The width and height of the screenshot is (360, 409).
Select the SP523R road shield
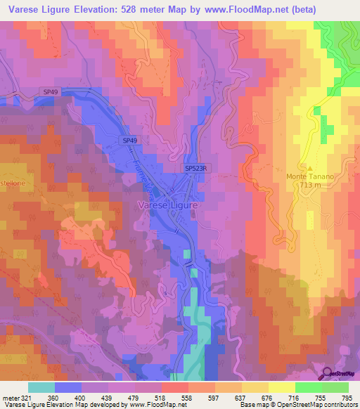coord(198,169)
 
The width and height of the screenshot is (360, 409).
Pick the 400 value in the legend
coord(81,398)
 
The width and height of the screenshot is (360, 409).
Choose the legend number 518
coord(161,398)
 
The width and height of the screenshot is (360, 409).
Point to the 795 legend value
coord(347,398)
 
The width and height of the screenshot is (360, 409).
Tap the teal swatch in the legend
coord(41,387)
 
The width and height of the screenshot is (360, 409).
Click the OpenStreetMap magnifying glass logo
coord(326,373)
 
